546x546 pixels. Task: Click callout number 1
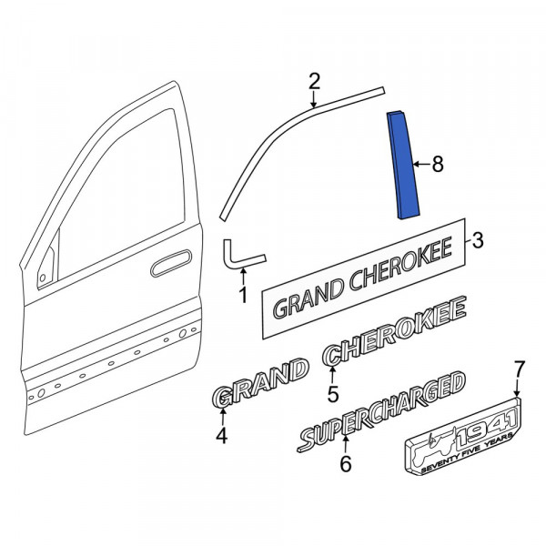[243, 295]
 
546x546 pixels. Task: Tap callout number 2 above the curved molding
[314, 82]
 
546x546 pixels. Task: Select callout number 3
[478, 240]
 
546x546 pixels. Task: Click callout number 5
[333, 395]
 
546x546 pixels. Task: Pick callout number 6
[346, 463]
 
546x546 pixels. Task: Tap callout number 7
[519, 369]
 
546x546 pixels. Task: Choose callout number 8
[438, 164]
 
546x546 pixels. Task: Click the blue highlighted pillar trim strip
[403, 165]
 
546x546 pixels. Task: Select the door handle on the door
[171, 263]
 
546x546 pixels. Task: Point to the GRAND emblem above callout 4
[259, 382]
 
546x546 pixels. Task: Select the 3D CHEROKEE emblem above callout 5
[394, 331]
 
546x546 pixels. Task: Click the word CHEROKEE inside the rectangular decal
[400, 264]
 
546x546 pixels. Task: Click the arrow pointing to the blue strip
[421, 164]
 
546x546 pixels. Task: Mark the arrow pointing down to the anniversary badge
[517, 388]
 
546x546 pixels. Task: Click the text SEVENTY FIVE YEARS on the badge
[467, 452]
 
